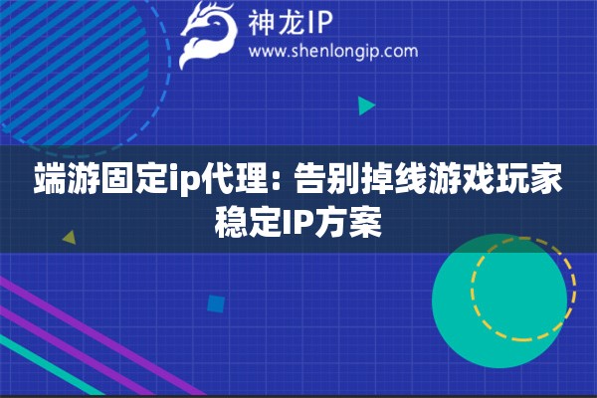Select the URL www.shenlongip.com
pyautogui.click(x=332, y=51)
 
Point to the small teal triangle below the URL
pyautogui.click(x=366, y=104)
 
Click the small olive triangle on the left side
pyautogui.click(x=69, y=238)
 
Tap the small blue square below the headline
pyautogui.click(x=215, y=303)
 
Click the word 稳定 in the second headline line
pyautogui.click(x=248, y=220)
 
